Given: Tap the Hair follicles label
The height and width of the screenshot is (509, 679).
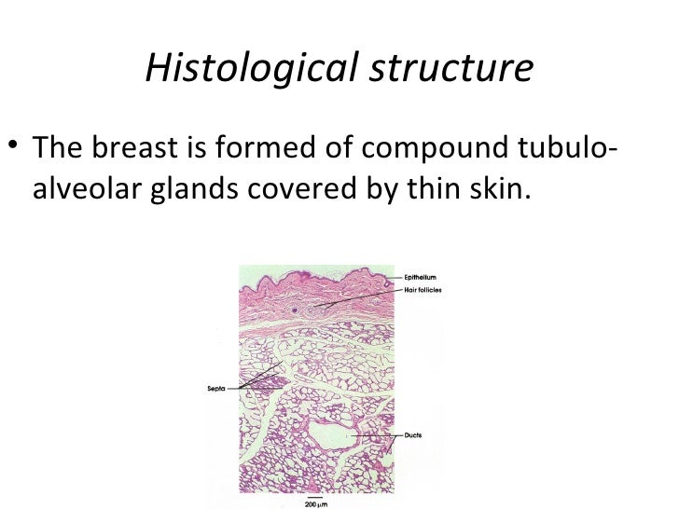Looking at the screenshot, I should point(423,289).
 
